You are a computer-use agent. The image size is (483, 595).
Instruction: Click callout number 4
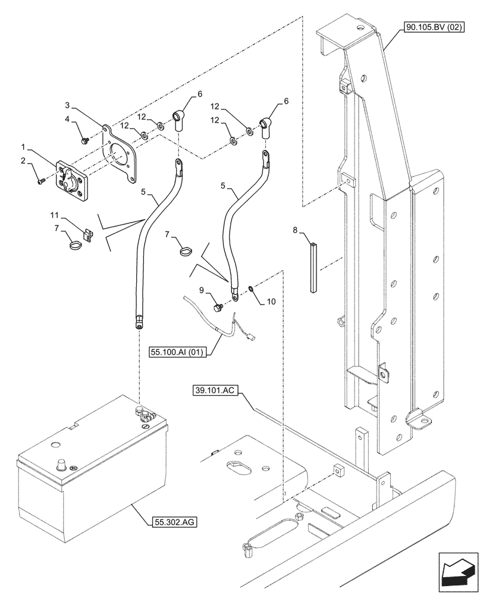pos(67,119)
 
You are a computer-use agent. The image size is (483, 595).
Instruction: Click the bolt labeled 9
pos(217,307)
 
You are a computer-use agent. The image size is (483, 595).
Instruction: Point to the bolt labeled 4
pos(85,140)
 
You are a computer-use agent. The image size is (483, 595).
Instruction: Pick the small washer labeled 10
pos(251,290)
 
